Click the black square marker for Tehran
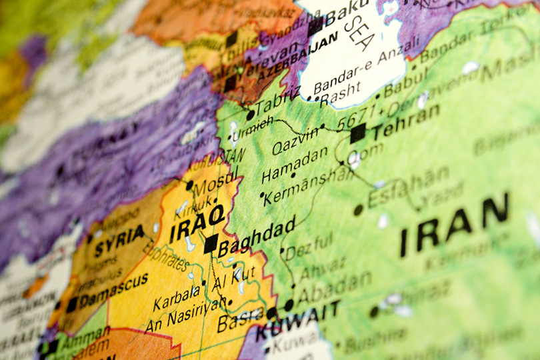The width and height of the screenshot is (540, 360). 358,133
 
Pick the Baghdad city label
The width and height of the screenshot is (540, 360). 257,237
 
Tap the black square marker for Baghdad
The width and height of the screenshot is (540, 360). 211,243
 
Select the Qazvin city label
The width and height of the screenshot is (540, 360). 295,138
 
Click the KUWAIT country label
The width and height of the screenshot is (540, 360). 297,321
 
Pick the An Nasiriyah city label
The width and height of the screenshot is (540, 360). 185,315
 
